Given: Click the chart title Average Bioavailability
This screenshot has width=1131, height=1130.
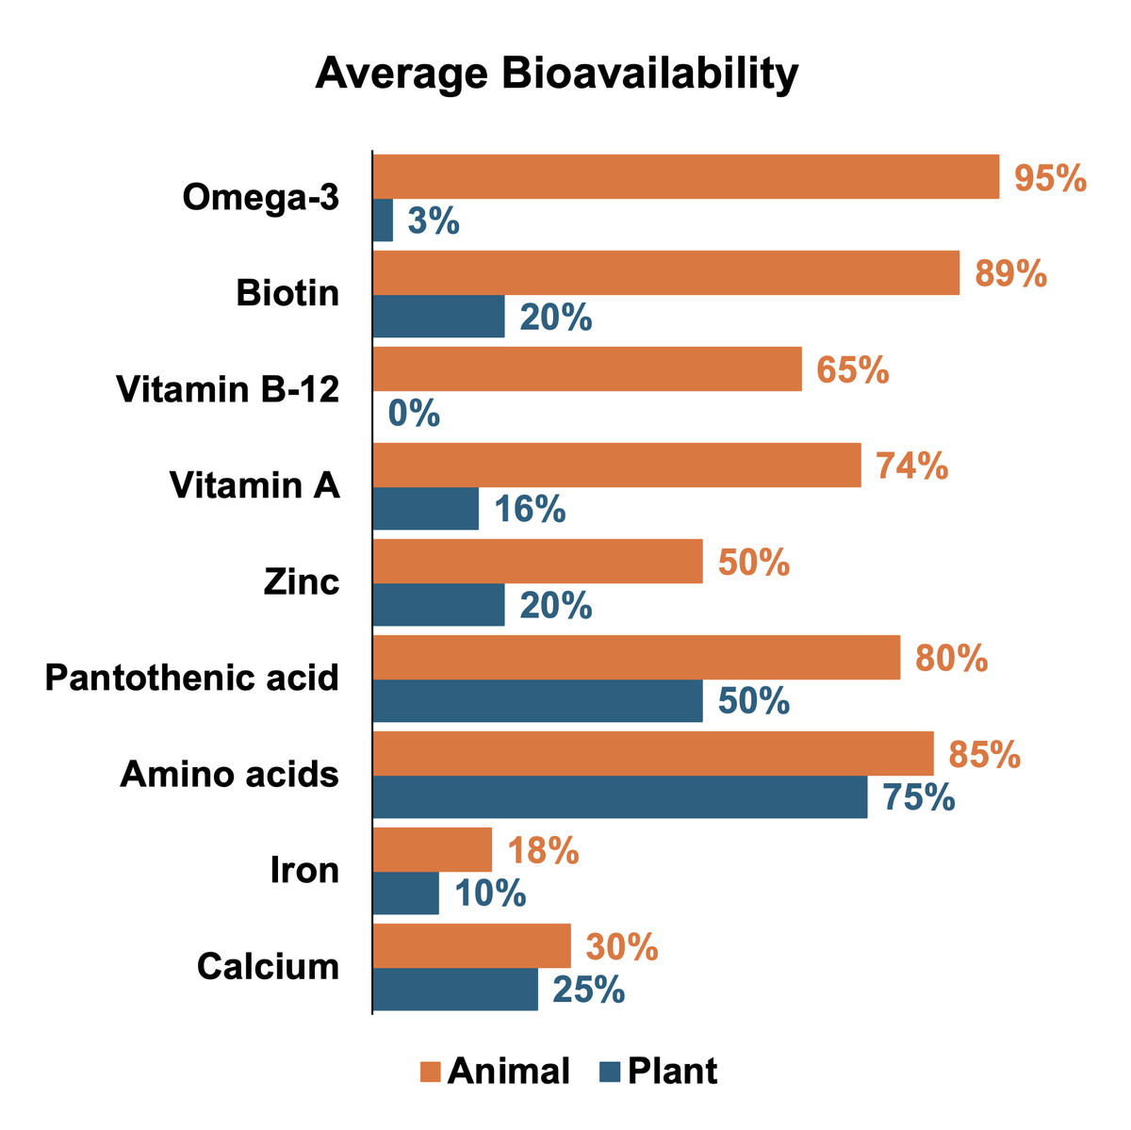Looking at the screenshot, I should coord(556,74).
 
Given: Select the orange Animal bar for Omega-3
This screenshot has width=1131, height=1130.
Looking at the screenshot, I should coord(686,177).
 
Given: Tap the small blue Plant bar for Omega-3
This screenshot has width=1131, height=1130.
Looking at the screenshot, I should coord(383,221).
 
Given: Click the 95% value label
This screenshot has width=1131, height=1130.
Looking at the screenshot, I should coord(1050,178).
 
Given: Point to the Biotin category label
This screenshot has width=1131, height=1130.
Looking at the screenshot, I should coord(287,293).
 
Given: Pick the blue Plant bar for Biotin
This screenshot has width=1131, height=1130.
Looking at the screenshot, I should coord(439,317).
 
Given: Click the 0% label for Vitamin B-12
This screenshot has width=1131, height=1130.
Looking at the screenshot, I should coord(414,414).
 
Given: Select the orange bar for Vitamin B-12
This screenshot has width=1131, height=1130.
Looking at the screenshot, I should coord(587,368).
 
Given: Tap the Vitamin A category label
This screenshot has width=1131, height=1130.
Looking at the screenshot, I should coord(254,485).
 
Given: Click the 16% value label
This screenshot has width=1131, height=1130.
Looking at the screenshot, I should coord(530,510).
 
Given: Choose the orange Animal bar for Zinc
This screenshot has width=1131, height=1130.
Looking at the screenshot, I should coord(538,562).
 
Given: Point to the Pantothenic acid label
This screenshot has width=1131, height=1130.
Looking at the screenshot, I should coord(192,678).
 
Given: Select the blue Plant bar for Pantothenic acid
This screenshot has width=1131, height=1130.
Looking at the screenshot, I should coord(538,701).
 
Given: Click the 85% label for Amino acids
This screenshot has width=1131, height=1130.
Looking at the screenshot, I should coord(985,755).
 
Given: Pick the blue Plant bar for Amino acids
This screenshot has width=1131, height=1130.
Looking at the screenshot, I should coord(620,797).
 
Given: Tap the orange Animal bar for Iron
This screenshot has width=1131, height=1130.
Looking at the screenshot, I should coord(433,850).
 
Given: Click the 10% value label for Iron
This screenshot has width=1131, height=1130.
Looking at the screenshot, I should coord(490,893).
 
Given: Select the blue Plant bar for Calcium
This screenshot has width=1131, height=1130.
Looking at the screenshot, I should coord(455,990).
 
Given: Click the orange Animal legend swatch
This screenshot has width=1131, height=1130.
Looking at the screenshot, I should coord(431,1072).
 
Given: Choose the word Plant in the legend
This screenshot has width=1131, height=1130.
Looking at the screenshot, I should coord(672,1072).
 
